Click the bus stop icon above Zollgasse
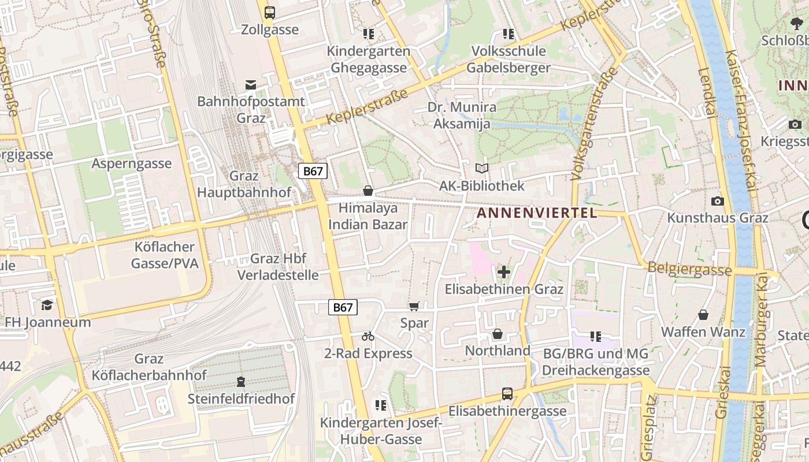click(x=269, y=12)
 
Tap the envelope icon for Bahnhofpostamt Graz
click(x=251, y=85)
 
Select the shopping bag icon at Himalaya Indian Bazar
click(x=368, y=191)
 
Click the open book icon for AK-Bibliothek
click(x=482, y=168)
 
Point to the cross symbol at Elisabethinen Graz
click(x=504, y=271)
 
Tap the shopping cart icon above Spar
click(x=414, y=306)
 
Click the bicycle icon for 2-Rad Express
click(x=368, y=336)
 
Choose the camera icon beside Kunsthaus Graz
click(x=718, y=201)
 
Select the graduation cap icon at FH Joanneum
click(x=47, y=304)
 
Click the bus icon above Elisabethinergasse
click(x=507, y=394)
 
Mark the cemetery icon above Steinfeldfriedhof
click(x=241, y=381)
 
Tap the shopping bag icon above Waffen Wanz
click(x=703, y=315)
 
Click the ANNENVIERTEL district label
click(x=537, y=213)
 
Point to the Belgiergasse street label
click(x=690, y=269)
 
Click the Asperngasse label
click(x=132, y=163)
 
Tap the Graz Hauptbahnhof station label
click(x=244, y=184)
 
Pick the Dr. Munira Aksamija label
click(x=462, y=115)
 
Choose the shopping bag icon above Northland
click(x=498, y=334)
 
